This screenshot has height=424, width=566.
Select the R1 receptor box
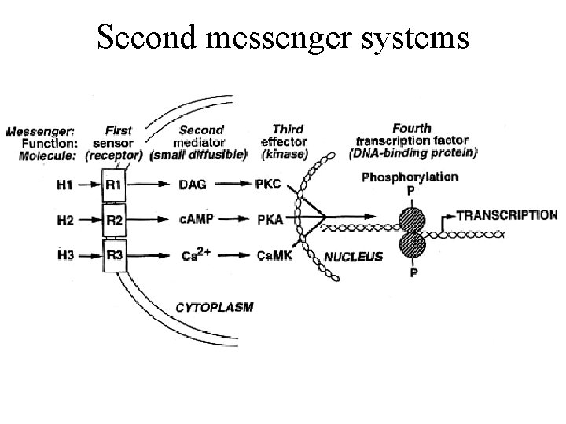[x=114, y=185]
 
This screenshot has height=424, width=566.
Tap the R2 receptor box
[x=114, y=221]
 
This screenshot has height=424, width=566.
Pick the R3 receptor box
[x=114, y=255]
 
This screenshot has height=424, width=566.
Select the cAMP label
[x=193, y=221]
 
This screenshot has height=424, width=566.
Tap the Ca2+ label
[x=194, y=254]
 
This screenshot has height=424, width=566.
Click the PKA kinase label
[x=270, y=221]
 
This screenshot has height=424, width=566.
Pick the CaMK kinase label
[x=275, y=255]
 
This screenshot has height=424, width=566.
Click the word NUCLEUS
[x=354, y=257]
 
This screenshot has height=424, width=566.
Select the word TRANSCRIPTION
[x=506, y=215]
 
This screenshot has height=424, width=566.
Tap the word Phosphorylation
[x=409, y=177]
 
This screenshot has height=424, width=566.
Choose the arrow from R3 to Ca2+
[x=156, y=255]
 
